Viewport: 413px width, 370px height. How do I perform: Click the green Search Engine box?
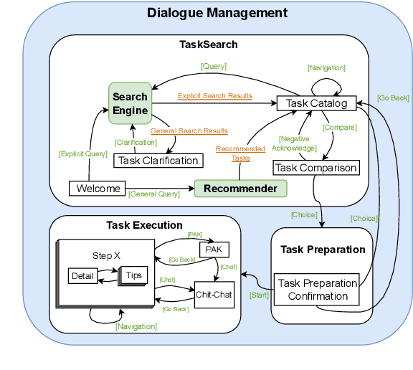[x=130, y=103]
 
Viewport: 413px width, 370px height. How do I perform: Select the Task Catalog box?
[x=316, y=103]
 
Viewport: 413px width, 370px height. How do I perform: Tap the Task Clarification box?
[x=157, y=161]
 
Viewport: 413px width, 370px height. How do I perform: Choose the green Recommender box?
[x=240, y=189]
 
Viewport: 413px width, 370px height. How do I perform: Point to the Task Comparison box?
[x=316, y=168]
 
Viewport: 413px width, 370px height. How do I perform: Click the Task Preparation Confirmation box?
[x=313, y=289]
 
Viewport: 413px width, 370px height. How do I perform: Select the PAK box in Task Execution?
[x=213, y=249]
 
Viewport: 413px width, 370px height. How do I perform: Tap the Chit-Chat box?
[x=214, y=294]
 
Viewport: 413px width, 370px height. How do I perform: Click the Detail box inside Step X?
[x=83, y=275]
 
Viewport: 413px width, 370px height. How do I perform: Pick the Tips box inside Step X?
[x=134, y=275]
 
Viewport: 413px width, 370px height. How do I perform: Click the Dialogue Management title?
[x=217, y=13]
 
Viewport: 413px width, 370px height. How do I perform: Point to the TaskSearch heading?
[x=208, y=44]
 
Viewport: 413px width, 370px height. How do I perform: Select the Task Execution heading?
[x=144, y=225]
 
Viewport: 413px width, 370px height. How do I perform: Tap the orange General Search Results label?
[x=189, y=131]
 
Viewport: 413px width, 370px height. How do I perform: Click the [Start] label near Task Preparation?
[x=259, y=295]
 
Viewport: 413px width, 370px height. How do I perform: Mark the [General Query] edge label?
[x=153, y=194]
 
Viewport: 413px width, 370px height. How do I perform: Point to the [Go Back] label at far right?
[x=392, y=97]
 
